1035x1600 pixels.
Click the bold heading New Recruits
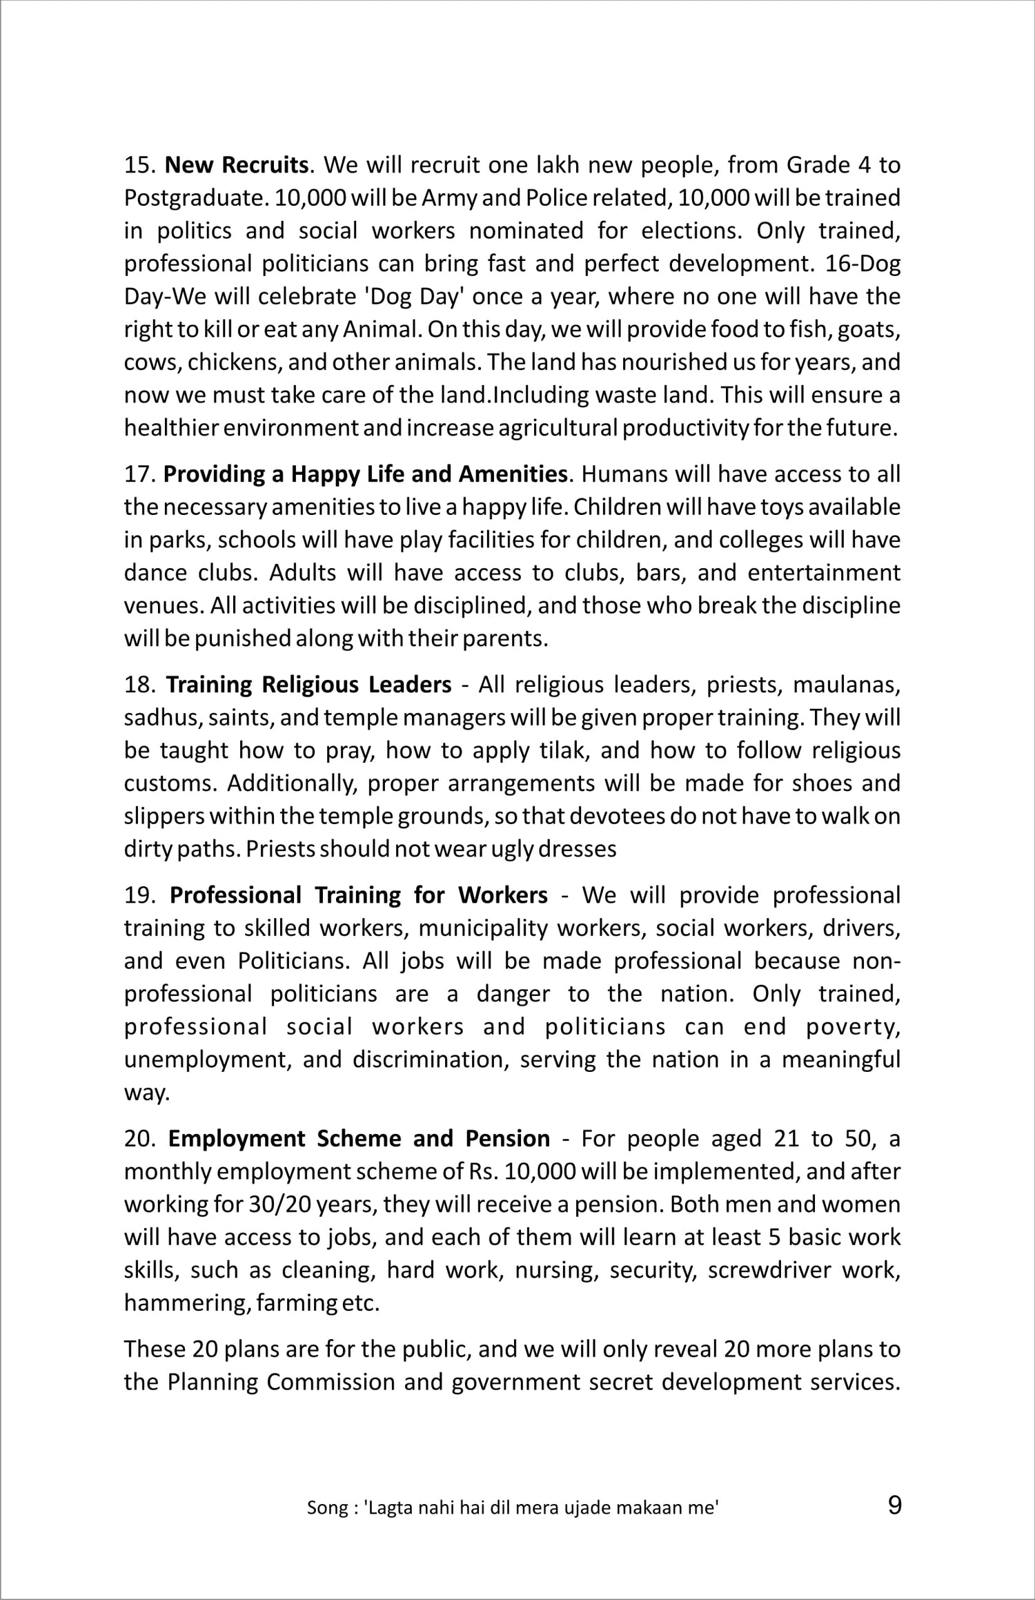(x=236, y=166)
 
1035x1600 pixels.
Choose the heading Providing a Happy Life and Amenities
(x=365, y=475)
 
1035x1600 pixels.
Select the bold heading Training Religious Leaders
(x=308, y=685)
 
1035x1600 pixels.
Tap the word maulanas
(x=847, y=685)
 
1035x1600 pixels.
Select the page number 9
(x=894, y=1505)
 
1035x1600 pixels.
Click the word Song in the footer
(x=328, y=1508)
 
